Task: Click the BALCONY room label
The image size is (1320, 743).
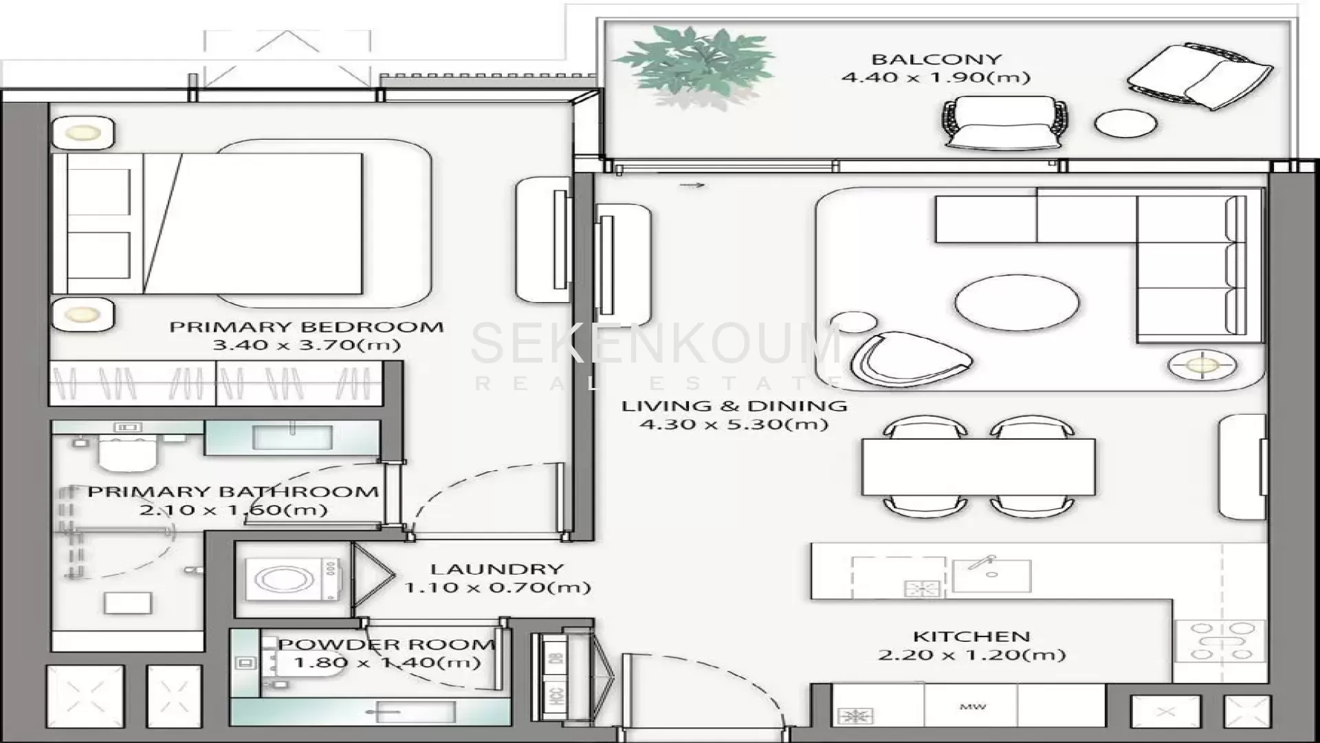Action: coord(936,59)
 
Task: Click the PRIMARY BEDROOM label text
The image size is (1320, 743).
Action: coord(307,327)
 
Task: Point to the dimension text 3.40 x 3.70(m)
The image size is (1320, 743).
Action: coord(307,345)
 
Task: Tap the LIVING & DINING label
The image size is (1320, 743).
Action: coord(734,406)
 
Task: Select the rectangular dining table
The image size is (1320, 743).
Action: coord(978,467)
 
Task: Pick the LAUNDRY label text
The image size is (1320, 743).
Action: coord(497,569)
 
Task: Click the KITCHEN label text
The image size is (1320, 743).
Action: coord(971,636)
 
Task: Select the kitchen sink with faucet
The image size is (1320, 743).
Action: coord(991,575)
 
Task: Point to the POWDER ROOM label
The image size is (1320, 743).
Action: coord(386,645)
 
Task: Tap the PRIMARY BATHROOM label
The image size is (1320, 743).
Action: coord(233,492)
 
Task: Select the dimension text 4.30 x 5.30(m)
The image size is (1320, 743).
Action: coord(734,424)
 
